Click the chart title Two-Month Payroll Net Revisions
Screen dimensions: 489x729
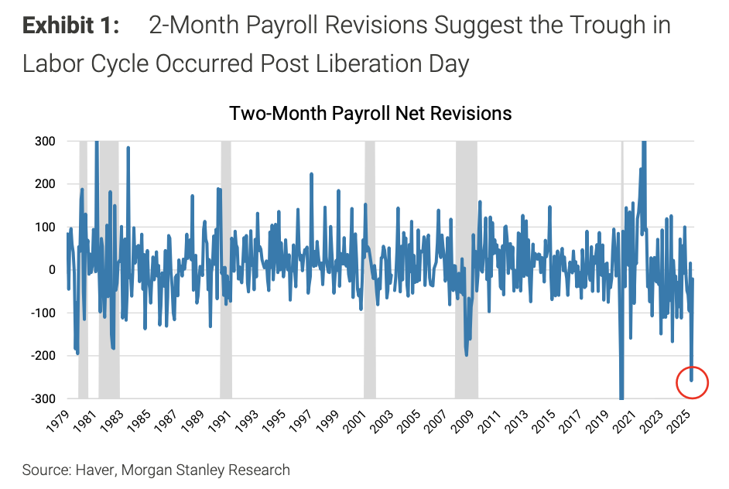371,113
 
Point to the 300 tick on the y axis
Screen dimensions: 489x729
44,142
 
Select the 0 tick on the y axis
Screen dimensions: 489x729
51,270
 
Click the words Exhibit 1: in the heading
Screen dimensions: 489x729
71,26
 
